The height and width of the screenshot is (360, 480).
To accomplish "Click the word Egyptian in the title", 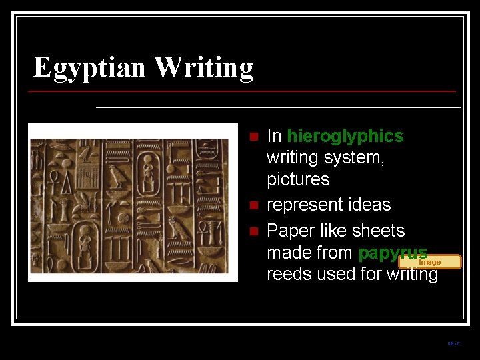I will coord(90,67).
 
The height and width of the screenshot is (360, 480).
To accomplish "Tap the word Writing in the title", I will coord(204,67).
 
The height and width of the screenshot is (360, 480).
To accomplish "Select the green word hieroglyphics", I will coord(345,136).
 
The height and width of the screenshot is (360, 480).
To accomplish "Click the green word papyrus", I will coord(392,253).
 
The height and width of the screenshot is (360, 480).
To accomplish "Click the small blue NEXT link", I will coord(453,344).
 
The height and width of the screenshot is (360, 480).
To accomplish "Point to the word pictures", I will coord(298,179).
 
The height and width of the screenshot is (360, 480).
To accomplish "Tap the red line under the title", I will coord(244,91).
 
